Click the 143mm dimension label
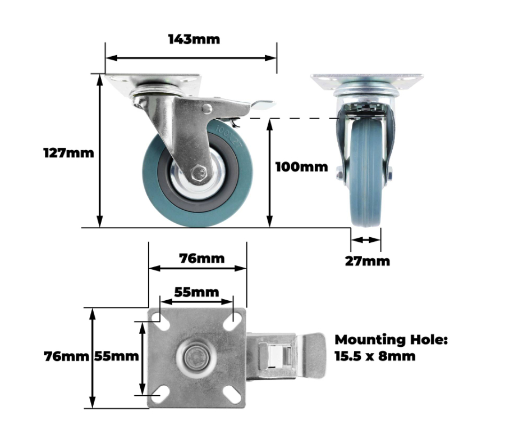pos(194,39)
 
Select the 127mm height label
pos(68,153)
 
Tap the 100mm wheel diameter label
pos(301,167)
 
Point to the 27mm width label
pos(368,261)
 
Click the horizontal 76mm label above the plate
pos(202,259)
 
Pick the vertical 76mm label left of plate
pos(66,356)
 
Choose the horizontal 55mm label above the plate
pos(196,292)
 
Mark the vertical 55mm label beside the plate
pos(116,356)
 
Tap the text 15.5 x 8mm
pos(375,356)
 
